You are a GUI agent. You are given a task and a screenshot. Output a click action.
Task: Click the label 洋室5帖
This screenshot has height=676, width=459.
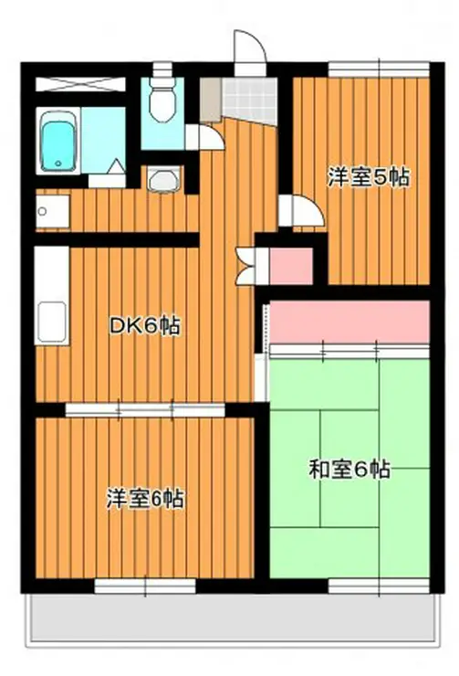tap(368, 177)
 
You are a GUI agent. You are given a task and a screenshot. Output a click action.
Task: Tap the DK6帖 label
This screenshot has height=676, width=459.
tap(144, 326)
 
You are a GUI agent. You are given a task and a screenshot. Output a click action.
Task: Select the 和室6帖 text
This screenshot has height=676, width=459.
tap(349, 470)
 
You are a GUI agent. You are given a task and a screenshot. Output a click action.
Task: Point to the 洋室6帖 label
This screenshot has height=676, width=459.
tap(146, 499)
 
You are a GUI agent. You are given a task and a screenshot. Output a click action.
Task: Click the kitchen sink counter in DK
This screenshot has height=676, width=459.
tap(49, 294)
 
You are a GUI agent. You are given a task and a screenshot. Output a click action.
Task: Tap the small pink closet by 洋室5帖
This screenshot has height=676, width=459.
tap(291, 264)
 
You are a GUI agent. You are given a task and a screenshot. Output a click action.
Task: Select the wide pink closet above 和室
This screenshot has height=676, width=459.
tap(349, 321)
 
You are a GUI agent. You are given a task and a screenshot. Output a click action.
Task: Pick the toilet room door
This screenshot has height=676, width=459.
tap(206, 135)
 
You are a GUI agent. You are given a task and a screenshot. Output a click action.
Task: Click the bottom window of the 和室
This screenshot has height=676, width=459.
tap(378, 586)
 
